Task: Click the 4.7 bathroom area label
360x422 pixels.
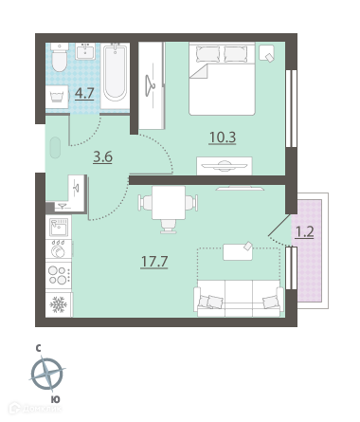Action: pos(84,93)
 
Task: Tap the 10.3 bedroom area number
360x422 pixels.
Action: pos(223,138)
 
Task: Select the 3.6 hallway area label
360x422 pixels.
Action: pos(102,157)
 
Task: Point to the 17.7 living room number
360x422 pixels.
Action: pos(154,262)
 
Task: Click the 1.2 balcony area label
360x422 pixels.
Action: pos(304,232)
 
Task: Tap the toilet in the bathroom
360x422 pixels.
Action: pos(60,57)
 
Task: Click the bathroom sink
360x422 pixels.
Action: pos(85,51)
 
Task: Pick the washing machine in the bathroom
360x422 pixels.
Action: pos(57,97)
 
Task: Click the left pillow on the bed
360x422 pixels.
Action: pos(207,53)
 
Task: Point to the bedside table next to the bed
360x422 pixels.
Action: pos(267,52)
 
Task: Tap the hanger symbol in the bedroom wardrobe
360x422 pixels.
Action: pos(150,85)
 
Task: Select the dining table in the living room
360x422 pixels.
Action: pos(169,203)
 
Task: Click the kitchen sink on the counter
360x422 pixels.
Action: pos(59,227)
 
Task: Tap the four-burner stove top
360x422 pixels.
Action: pos(59,275)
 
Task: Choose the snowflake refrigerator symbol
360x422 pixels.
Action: pos(59,304)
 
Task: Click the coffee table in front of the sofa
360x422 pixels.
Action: pos(238,252)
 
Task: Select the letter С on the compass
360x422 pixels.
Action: pos(38,349)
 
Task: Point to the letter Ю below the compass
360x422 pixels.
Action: pos(55,399)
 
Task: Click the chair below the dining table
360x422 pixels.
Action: pos(169,227)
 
